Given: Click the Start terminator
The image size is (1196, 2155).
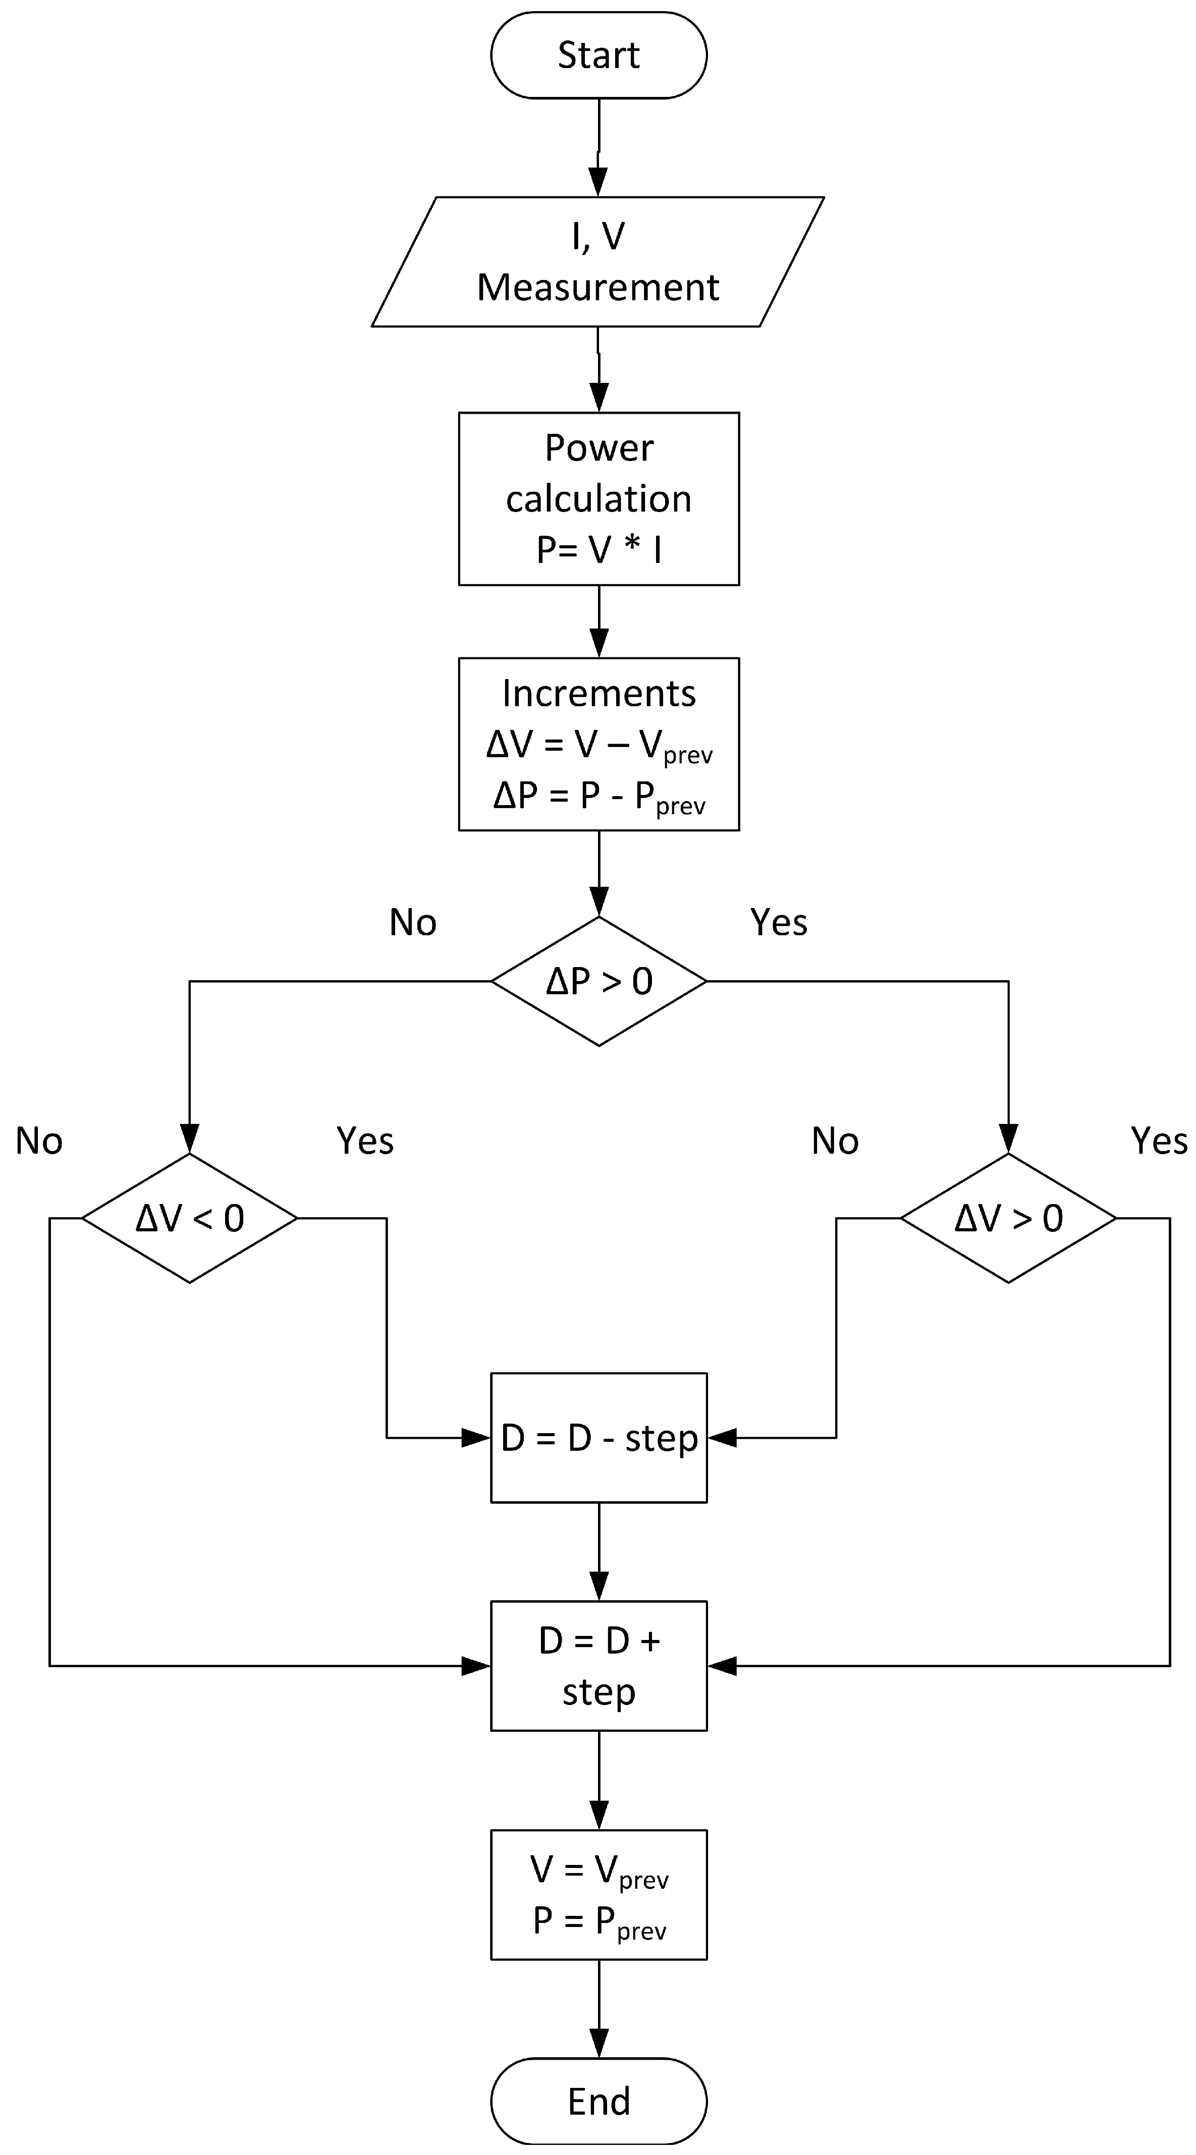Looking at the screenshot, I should point(599,55).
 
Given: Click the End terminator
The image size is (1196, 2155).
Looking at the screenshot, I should point(599,2101).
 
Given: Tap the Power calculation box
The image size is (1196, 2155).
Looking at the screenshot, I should point(599,498).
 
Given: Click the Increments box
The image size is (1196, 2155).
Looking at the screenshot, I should point(599,744).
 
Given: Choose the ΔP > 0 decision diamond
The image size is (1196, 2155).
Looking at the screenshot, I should point(599,981).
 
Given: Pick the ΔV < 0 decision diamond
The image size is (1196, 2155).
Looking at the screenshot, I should point(190,1218).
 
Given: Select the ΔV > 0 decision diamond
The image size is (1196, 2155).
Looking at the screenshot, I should point(1008,1218).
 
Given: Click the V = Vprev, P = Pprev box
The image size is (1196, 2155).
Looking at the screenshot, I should point(599,1895).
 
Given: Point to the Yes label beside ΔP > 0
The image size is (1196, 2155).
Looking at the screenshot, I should point(778,922).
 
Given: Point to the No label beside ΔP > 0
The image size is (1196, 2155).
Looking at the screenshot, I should point(413,922).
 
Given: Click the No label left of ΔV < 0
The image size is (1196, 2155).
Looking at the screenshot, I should point(38,1141).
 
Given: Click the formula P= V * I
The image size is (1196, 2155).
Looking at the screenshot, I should point(599,550).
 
